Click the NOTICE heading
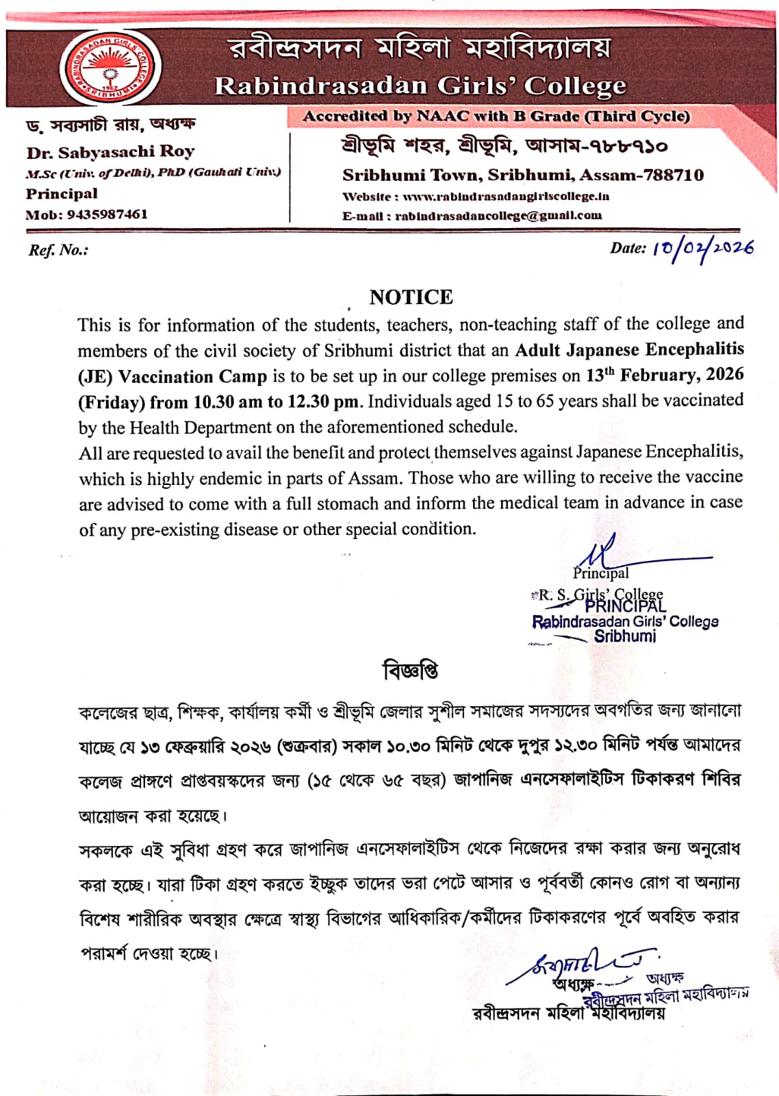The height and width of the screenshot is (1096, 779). tap(411, 297)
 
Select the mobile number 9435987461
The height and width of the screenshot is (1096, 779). tap(107, 214)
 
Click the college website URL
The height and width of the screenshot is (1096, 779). tap(506, 197)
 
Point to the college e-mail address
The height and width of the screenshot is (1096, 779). tap(498, 216)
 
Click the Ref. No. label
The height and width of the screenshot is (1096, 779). tap(58, 250)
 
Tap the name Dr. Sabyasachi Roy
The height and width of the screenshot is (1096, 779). tap(110, 152)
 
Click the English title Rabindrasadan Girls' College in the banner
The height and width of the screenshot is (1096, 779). tap(420, 86)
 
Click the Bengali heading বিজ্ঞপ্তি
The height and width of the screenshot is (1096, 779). tap(411, 670)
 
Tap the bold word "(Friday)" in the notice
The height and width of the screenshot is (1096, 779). tap(112, 402)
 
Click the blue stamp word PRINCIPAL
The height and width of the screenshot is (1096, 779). tap(625, 606)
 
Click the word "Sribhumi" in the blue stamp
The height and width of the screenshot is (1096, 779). tap(624, 636)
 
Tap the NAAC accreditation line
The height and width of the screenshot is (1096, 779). tap(496, 116)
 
